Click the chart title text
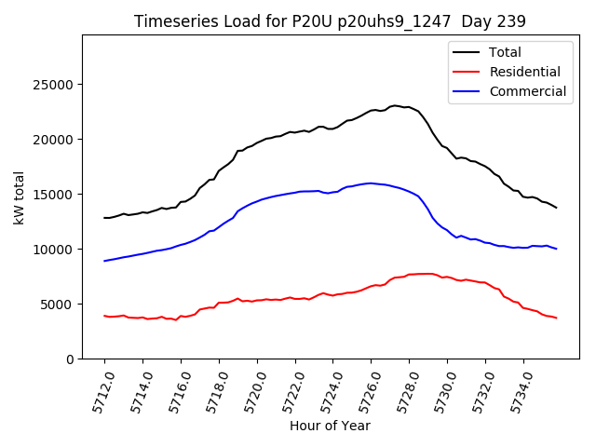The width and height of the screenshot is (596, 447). pyautogui.click(x=330, y=21)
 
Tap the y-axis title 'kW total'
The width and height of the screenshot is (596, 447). pyautogui.click(x=20, y=196)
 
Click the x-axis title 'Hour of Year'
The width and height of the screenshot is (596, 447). pyautogui.click(x=330, y=426)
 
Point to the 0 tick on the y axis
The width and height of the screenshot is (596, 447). pyautogui.click(x=70, y=359)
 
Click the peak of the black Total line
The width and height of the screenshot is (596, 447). pyautogui.click(x=395, y=105)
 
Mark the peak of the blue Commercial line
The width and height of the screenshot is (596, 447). pyautogui.click(x=371, y=183)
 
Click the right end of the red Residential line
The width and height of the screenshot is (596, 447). pyautogui.click(x=556, y=318)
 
